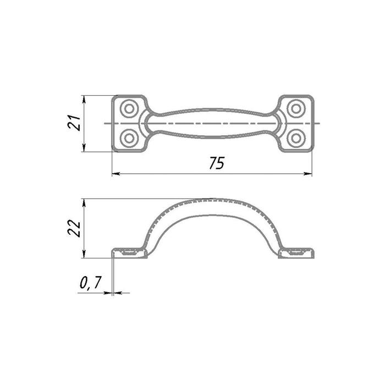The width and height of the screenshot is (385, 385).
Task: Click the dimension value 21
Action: [x=74, y=122]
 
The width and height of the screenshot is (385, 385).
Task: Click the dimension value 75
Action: [x=217, y=163]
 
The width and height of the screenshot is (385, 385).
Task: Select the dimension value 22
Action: [x=74, y=228]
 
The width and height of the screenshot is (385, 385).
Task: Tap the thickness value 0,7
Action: [x=90, y=282]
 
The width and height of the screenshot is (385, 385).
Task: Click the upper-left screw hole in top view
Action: [x=129, y=108]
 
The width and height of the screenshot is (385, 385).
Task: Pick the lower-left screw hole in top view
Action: [x=129, y=138]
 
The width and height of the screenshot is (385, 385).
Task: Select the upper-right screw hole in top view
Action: [x=296, y=108]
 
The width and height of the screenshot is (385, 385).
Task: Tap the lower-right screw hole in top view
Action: [x=296, y=138]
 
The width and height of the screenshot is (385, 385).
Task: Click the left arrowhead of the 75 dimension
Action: [x=116, y=174]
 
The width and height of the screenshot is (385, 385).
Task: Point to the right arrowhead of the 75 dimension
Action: [x=308, y=174]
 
